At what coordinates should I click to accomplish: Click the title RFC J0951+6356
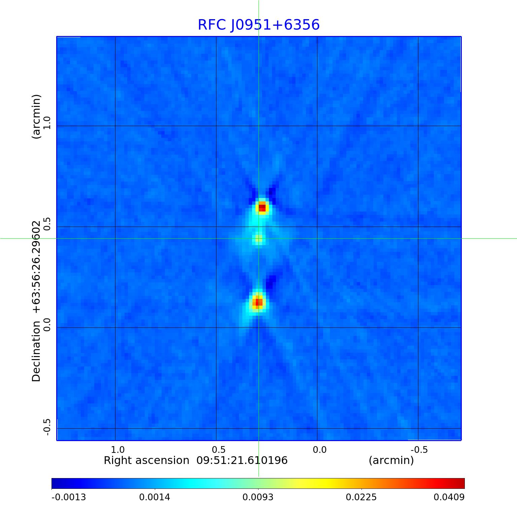click(x=258, y=25)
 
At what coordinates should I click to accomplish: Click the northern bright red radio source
click(x=262, y=207)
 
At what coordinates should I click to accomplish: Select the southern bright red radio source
click(x=258, y=303)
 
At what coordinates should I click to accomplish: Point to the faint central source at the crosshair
click(x=258, y=238)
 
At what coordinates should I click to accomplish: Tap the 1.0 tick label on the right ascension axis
click(x=117, y=450)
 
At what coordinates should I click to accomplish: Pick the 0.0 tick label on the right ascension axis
click(x=319, y=450)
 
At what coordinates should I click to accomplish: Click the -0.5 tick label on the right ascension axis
click(x=419, y=450)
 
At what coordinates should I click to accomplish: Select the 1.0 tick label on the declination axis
click(x=46, y=123)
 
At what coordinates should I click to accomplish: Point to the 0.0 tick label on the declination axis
click(x=46, y=325)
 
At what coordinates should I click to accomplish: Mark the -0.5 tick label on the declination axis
click(x=46, y=427)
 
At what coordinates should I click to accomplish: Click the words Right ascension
click(x=146, y=460)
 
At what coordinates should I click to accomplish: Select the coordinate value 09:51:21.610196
click(x=242, y=460)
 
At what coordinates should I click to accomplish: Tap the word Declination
click(x=36, y=351)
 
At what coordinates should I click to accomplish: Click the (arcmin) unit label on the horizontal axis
click(x=391, y=460)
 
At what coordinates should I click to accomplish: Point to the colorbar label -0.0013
click(x=69, y=497)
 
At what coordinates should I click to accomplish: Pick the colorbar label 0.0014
click(x=155, y=497)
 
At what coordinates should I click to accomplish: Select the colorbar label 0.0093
click(x=258, y=497)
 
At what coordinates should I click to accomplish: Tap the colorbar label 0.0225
click(x=361, y=497)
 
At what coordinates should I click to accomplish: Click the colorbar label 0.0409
click(x=449, y=497)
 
